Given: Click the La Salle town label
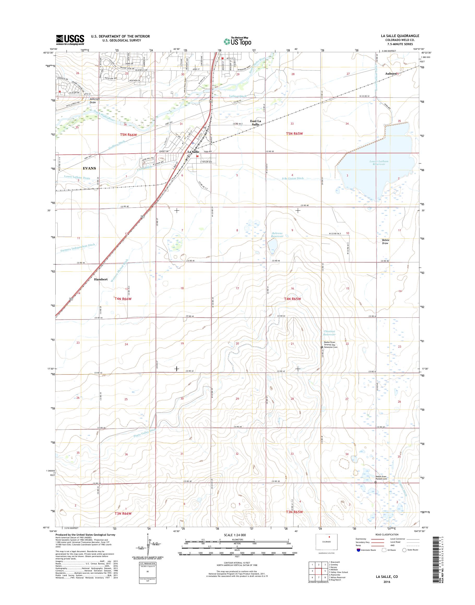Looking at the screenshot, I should point(193,152).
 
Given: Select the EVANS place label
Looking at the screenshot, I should point(89,168).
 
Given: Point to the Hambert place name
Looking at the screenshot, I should point(101,279).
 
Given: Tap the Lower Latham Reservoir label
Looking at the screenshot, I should point(379,162).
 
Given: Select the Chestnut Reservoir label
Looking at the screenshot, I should point(330,333).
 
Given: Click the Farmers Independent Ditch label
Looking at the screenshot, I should point(78,248).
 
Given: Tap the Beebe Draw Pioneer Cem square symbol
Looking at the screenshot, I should point(376,482).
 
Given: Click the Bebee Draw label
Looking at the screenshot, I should point(385,241).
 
